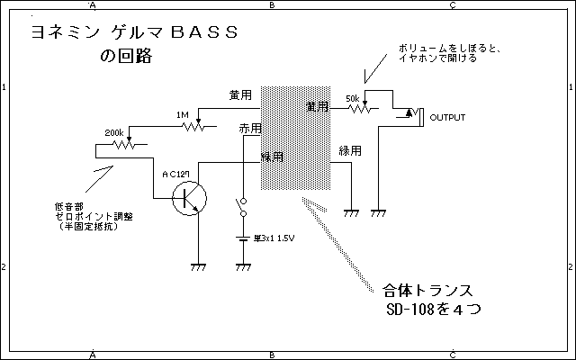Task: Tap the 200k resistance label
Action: (x=114, y=132)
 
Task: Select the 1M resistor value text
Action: (x=183, y=114)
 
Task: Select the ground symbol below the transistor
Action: (x=197, y=266)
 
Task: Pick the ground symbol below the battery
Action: (x=241, y=266)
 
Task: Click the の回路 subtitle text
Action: (x=127, y=57)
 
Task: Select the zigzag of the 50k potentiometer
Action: (x=357, y=109)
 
